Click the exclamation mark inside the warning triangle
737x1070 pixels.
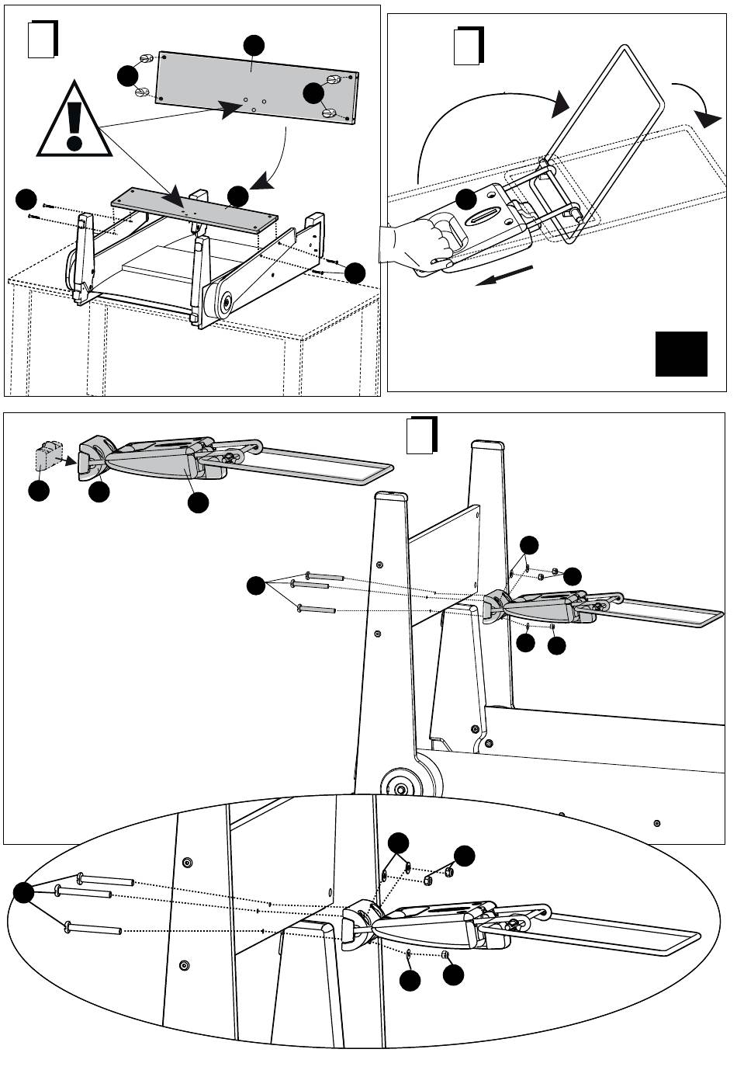(x=74, y=124)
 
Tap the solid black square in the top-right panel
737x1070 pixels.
(x=682, y=354)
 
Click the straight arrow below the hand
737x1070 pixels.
(x=504, y=276)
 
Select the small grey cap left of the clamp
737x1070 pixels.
(x=48, y=457)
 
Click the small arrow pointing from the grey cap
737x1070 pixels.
(x=71, y=461)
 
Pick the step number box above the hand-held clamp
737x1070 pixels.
(x=468, y=46)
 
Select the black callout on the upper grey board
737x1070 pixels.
(x=253, y=45)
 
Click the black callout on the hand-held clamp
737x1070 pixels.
(x=466, y=199)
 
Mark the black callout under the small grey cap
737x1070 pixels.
(x=39, y=492)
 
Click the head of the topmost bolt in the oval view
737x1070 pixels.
(x=80, y=877)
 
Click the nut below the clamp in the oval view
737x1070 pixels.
(x=445, y=954)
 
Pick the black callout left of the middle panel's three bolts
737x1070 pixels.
(x=257, y=587)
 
